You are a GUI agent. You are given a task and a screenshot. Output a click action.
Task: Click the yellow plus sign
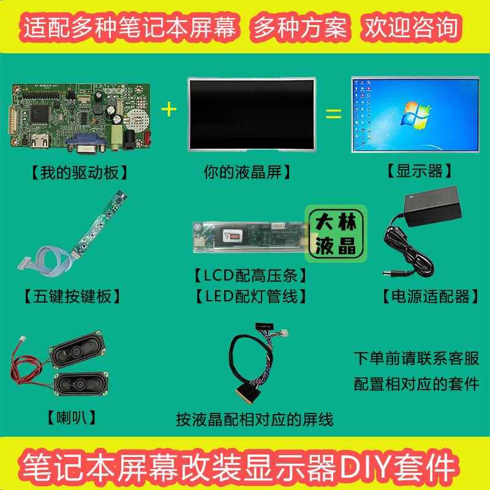coord(167,110)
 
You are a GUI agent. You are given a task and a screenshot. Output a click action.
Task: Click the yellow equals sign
coord(332,114)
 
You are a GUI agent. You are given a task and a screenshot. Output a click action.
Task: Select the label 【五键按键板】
coord(72,298)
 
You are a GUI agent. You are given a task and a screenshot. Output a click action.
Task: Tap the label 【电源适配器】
coord(426,298)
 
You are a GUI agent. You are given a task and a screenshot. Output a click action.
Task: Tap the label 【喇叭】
coord(72,420)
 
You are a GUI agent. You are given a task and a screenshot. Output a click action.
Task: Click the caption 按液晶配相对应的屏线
coord(254,421)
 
